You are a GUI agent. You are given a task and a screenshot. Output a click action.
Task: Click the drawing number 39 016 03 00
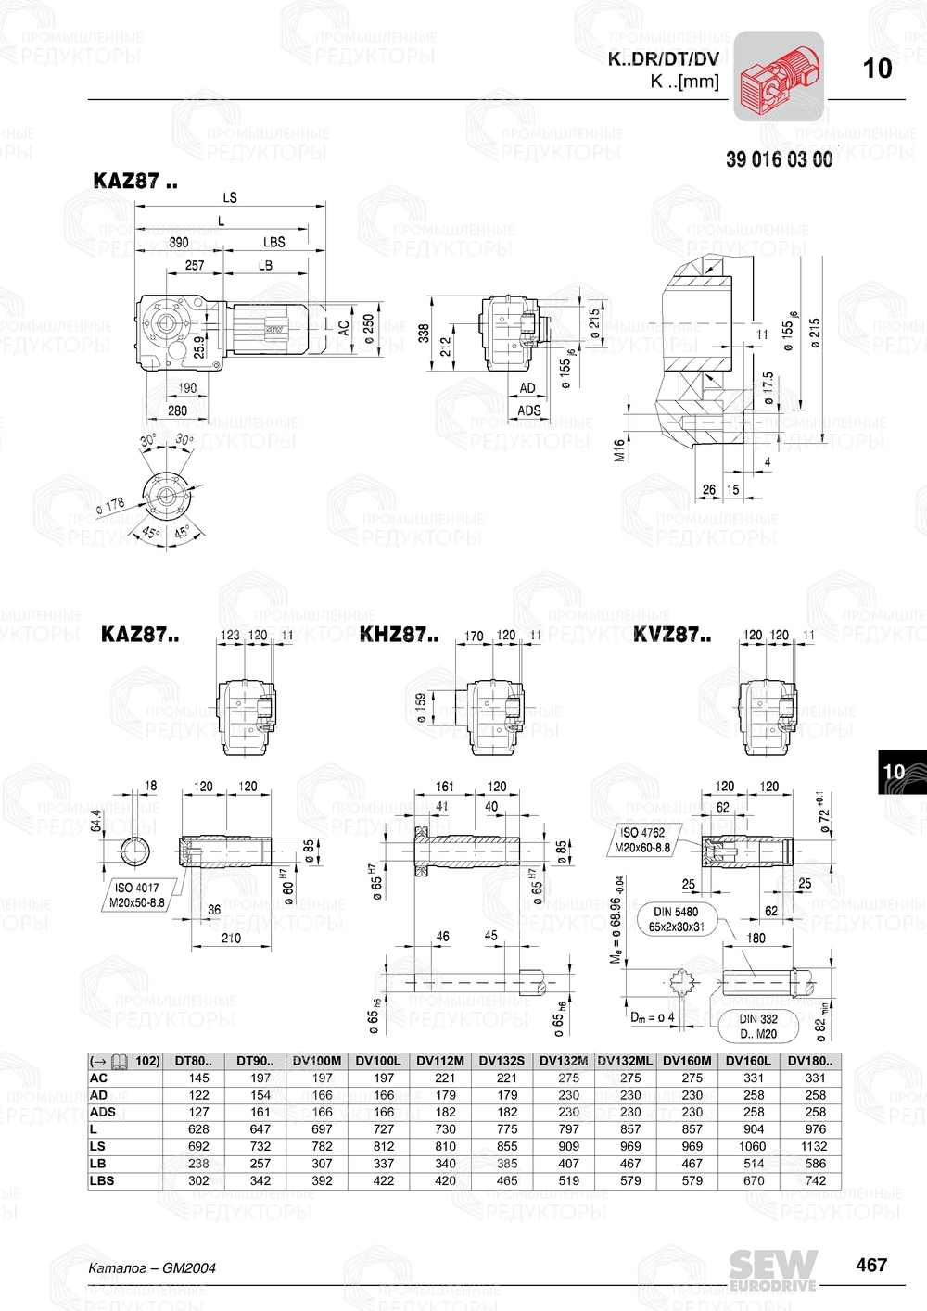pyautogui.click(x=779, y=159)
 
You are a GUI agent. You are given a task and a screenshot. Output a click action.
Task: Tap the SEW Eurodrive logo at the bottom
pyautogui.click(x=772, y=1269)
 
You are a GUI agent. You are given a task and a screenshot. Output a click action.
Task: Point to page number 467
pyautogui.click(x=871, y=1265)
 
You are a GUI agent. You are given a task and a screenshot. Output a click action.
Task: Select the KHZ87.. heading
pyautogui.click(x=399, y=635)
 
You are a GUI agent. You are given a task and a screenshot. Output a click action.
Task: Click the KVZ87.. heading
pyautogui.click(x=672, y=635)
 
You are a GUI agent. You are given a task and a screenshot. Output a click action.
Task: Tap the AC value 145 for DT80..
pyautogui.click(x=198, y=1078)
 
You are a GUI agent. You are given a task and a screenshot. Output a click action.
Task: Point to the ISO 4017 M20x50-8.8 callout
pyautogui.click(x=136, y=895)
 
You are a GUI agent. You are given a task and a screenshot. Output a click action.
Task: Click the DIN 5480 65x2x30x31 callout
pyautogui.click(x=677, y=918)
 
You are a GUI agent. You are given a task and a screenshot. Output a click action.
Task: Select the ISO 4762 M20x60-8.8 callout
pyautogui.click(x=642, y=839)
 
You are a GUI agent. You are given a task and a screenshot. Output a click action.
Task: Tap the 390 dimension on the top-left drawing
pyautogui.click(x=179, y=242)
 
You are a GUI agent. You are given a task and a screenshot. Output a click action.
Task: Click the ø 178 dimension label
pyautogui.click(x=110, y=506)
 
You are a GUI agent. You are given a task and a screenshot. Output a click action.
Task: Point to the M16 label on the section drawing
pyautogui.click(x=619, y=450)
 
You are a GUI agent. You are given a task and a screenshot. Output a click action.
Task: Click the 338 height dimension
pyautogui.click(x=424, y=332)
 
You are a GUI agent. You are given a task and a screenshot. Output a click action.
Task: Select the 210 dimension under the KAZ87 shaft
pyautogui.click(x=231, y=938)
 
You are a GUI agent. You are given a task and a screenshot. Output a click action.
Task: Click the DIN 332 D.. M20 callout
pyautogui.click(x=758, y=1026)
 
